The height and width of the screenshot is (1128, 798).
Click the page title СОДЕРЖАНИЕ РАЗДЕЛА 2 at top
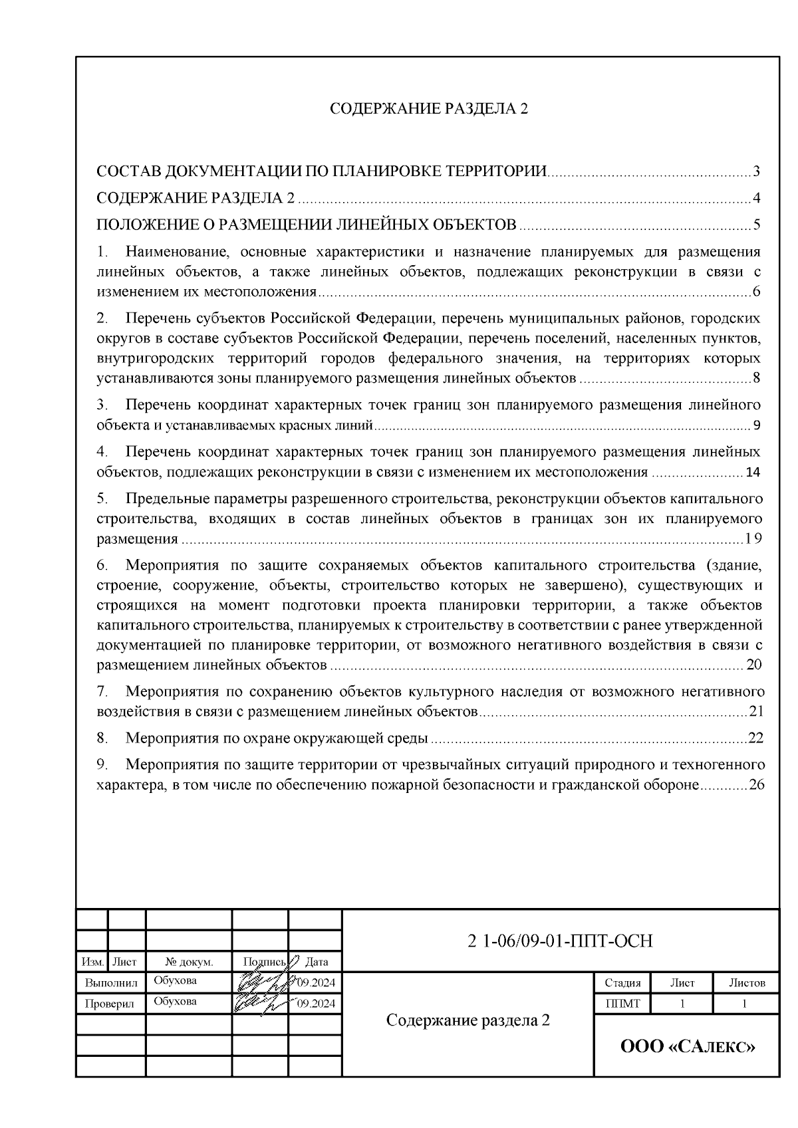pyautogui.click(x=429, y=109)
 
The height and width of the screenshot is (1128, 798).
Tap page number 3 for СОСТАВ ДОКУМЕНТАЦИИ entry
pyautogui.click(x=756, y=172)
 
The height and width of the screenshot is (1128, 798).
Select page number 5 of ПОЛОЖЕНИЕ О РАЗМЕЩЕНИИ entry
pyautogui.click(x=756, y=225)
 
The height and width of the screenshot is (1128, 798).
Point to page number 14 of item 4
pyautogui.click(x=753, y=472)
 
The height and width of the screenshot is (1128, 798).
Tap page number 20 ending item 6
pyautogui.click(x=754, y=665)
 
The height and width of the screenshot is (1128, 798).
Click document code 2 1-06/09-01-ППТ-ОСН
pyautogui.click(x=561, y=941)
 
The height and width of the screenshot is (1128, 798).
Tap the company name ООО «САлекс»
pyautogui.click(x=688, y=1047)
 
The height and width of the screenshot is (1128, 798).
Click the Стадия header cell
pyautogui.click(x=622, y=983)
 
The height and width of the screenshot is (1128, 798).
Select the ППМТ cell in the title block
pyautogui.click(x=622, y=1004)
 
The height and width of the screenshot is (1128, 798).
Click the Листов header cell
pyautogui.click(x=746, y=983)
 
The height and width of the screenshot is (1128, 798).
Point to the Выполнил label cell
pyautogui.click(x=111, y=982)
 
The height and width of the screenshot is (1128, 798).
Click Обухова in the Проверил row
pyautogui.click(x=175, y=1002)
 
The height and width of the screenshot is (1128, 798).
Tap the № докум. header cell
pyautogui.click(x=189, y=962)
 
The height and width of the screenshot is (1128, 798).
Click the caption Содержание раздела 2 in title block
pyautogui.click(x=468, y=1020)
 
